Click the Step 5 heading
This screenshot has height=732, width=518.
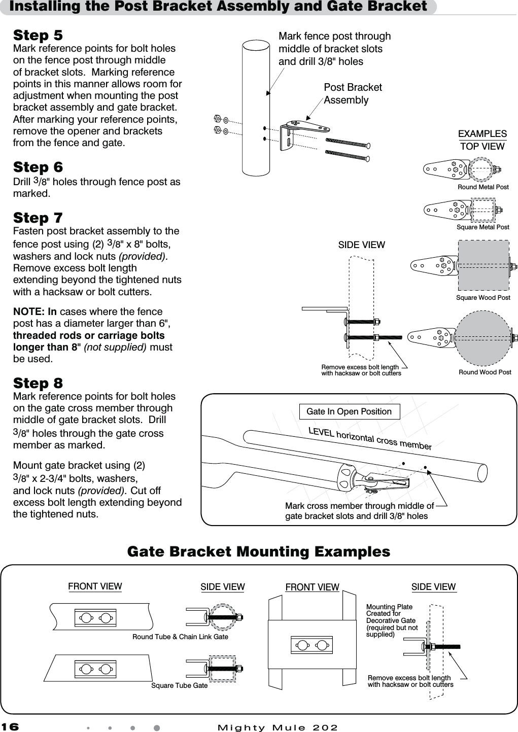point(38,36)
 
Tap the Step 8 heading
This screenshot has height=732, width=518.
point(38,383)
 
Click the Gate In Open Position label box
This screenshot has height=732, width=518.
point(349,411)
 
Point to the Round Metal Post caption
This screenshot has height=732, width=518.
point(483,187)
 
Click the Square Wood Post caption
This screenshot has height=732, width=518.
point(483,298)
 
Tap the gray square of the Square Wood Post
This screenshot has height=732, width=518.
point(483,265)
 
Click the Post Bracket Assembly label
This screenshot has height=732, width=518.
point(353,94)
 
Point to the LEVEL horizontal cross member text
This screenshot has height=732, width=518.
point(370,439)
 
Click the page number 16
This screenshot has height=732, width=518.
point(10,727)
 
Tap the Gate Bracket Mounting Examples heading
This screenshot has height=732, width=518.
point(259,551)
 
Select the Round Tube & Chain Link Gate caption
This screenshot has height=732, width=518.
point(180,637)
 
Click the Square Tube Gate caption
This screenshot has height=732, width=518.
point(179,686)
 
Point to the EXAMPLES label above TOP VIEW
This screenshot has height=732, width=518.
point(482,134)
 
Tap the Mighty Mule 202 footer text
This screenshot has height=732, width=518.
point(277,727)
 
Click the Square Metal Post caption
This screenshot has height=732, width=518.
point(482,227)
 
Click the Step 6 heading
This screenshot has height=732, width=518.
point(38,167)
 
